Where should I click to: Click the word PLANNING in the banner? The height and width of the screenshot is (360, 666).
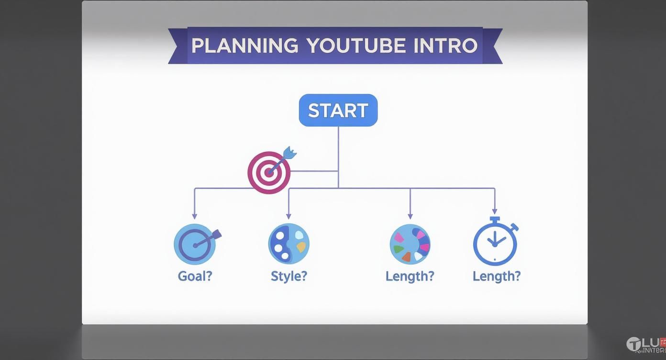click(x=244, y=46)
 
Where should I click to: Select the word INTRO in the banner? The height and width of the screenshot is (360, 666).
click(x=445, y=46)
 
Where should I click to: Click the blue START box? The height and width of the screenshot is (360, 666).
click(x=338, y=111)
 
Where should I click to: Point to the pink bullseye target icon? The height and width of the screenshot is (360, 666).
click(x=269, y=173)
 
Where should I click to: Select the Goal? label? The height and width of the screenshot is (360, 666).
click(x=195, y=276)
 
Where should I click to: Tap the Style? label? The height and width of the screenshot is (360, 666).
click(x=289, y=276)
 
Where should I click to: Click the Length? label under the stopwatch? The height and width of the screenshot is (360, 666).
click(x=496, y=276)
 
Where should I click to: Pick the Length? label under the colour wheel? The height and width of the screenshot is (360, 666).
click(x=410, y=276)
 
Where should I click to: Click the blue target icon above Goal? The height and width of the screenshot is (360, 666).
click(x=195, y=244)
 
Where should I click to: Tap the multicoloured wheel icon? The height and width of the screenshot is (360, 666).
click(x=410, y=244)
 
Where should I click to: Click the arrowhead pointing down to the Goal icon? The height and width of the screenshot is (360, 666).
click(x=194, y=216)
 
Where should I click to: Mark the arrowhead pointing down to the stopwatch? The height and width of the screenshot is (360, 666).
click(x=495, y=211)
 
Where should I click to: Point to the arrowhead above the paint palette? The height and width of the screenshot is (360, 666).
click(x=289, y=216)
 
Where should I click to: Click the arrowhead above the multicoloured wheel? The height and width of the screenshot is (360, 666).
click(x=410, y=216)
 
